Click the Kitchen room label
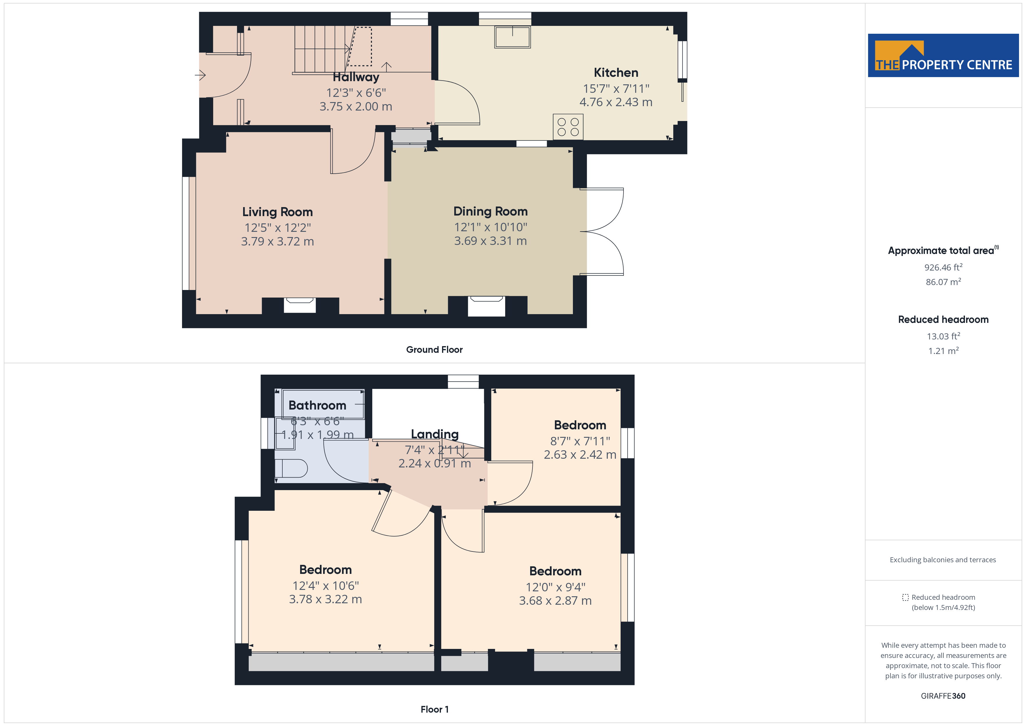click(616, 72)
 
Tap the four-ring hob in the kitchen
click(568, 127)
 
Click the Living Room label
click(277, 212)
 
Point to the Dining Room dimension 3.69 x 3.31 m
click(491, 241)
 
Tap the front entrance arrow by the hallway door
click(200, 75)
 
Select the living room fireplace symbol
click(300, 305)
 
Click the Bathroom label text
click(317, 405)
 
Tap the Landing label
click(435, 434)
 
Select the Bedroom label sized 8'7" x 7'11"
click(580, 425)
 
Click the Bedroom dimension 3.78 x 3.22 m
click(325, 599)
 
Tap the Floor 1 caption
click(434, 709)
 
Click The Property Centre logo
click(943, 56)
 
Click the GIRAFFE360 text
click(943, 696)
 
